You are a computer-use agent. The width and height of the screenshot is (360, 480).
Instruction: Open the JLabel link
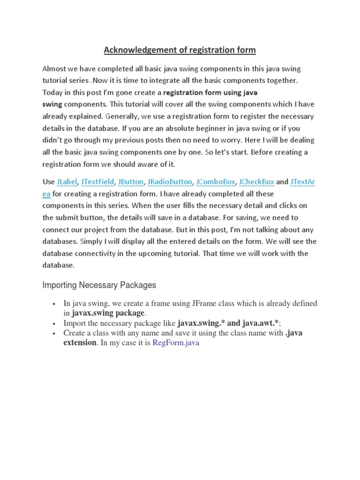(67, 181)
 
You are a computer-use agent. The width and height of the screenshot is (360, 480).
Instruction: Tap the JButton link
(131, 181)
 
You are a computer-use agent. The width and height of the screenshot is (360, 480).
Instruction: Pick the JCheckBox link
(257, 181)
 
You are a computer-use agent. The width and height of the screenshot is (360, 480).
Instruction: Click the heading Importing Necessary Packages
(99, 285)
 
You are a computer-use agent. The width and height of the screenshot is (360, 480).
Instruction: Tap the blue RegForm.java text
(176, 343)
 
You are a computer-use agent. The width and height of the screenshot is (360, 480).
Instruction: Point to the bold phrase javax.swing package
(108, 313)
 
